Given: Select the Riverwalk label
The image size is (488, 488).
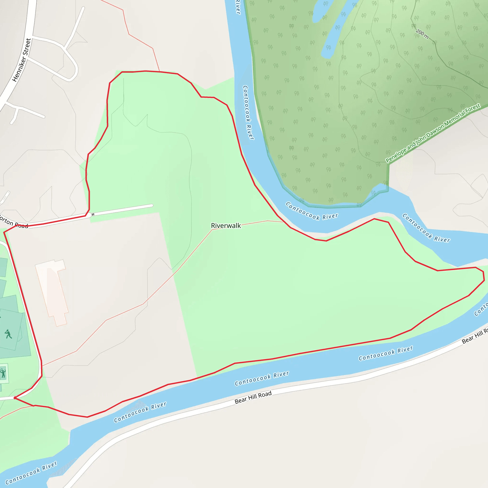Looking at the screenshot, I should (x=226, y=226).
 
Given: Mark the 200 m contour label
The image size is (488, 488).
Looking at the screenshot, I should (x=422, y=34).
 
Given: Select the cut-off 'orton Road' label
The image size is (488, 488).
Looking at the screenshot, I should (x=14, y=222).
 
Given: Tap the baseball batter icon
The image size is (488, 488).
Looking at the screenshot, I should (x=8, y=334).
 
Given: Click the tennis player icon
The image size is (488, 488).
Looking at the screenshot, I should (x=3, y=373).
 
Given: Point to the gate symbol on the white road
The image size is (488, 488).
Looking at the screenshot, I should (x=93, y=214).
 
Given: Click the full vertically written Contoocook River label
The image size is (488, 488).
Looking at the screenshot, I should (x=248, y=112).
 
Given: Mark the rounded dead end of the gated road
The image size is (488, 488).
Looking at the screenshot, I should (x=152, y=205).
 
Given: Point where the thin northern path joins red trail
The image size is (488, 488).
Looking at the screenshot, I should (x=159, y=71).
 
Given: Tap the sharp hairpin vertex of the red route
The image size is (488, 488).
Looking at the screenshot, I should (x=15, y=398).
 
